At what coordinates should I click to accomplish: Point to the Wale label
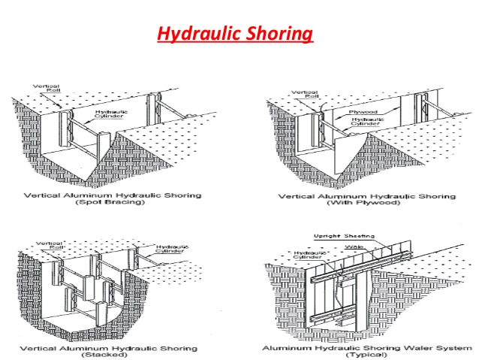pos(351,245)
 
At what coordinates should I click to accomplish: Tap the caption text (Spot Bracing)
pos(122,204)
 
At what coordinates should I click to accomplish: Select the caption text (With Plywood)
pos(366,204)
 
